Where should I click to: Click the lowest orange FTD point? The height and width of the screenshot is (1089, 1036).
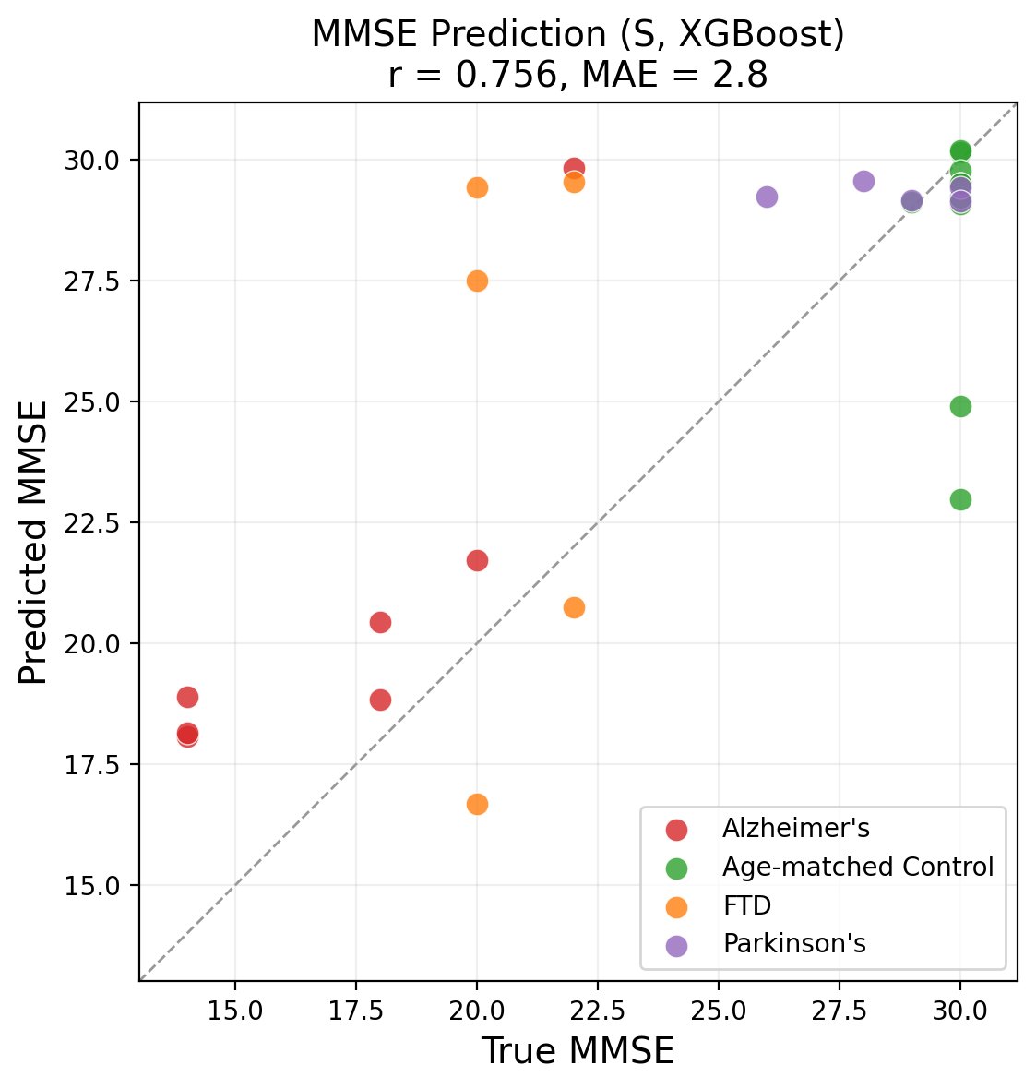[477, 804]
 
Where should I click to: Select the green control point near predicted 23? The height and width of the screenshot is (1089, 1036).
[960, 499]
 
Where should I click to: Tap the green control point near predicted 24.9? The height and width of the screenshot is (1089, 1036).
[960, 406]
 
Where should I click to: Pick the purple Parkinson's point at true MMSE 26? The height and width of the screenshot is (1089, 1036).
[767, 197]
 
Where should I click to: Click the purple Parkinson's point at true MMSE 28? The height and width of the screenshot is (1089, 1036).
[863, 181]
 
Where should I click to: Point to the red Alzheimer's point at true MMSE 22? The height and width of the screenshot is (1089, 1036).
[574, 168]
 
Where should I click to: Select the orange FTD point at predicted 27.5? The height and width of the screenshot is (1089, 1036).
[477, 281]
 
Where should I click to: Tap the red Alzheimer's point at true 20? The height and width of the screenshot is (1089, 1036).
[477, 560]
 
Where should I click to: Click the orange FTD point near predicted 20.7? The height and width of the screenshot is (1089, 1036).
[574, 607]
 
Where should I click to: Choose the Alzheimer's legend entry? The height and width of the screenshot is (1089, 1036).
[795, 829]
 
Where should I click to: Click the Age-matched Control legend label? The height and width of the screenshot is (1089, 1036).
[858, 868]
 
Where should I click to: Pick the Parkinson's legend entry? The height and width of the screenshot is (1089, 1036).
[793, 944]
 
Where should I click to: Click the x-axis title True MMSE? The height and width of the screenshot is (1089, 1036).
[578, 1052]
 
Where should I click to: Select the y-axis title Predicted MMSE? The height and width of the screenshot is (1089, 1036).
[34, 542]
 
